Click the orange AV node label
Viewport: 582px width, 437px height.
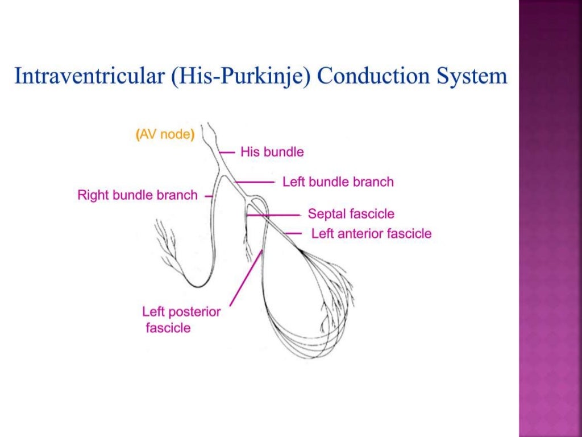click(x=165, y=135)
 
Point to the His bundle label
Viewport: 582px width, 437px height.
click(x=272, y=152)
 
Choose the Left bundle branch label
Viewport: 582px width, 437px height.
click(x=338, y=182)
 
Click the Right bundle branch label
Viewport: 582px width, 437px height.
click(x=138, y=195)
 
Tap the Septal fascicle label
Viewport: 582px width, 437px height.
click(x=351, y=215)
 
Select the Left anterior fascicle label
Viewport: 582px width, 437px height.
click(x=371, y=233)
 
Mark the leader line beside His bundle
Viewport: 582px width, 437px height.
click(x=228, y=152)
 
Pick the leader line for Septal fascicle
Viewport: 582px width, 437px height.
click(x=276, y=215)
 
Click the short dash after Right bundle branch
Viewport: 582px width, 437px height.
click(x=208, y=196)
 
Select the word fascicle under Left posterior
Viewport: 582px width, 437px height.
click(x=168, y=328)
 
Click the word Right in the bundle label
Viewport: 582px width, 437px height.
click(x=92, y=195)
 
